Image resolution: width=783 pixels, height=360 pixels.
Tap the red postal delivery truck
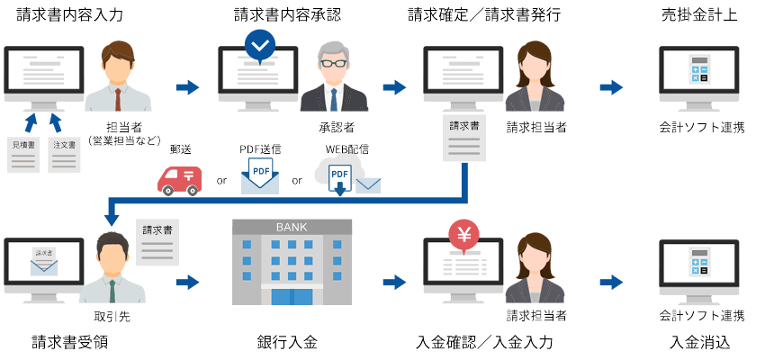tap(179, 179)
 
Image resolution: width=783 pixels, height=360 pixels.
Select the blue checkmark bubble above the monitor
tap(260, 44)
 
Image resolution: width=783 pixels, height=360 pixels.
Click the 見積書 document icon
tap(23, 153)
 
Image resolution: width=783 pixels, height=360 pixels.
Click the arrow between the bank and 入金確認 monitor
tap(394, 283)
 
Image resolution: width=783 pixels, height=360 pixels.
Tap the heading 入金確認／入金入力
tap(484, 343)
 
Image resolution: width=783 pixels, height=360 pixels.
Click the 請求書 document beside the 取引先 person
tap(158, 240)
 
